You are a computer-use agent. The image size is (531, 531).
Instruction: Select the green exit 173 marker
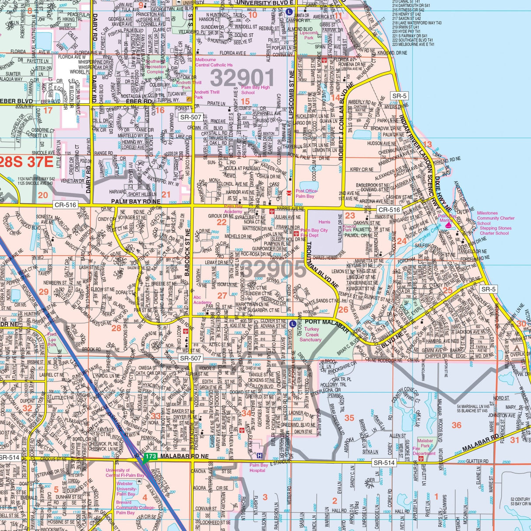coord(150,457)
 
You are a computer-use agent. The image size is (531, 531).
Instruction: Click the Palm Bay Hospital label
coord(258,468)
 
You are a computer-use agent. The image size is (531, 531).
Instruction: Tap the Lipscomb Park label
coord(309,35)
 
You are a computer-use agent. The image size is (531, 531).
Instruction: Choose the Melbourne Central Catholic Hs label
coord(214,62)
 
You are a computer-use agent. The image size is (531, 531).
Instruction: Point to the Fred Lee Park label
coord(52,339)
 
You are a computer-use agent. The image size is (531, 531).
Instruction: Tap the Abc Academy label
coord(202,300)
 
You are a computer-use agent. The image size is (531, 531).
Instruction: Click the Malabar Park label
coord(425,444)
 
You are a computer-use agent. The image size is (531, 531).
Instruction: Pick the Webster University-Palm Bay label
coord(127,489)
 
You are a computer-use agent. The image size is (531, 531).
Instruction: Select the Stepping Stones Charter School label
coord(495,231)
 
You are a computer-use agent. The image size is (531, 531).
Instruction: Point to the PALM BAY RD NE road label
coord(136,202)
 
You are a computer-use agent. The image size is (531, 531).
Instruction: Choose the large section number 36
coord(456,425)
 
